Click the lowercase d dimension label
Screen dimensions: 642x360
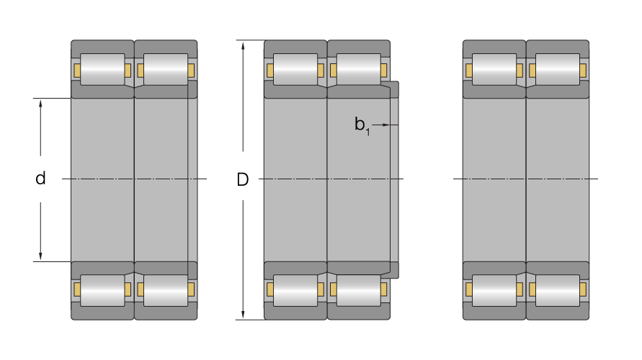pos(40,179)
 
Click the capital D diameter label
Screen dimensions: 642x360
pos(242,179)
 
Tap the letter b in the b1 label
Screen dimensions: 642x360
pos(360,124)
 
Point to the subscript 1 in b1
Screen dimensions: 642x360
pos(367,132)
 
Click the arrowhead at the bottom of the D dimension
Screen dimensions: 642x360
pos(243,315)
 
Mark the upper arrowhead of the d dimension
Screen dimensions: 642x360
pos(40,104)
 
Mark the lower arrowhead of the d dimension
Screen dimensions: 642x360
pos(40,256)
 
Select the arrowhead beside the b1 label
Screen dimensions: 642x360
pos(385,125)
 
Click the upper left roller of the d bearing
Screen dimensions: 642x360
pos(102,69)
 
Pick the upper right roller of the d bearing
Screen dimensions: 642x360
pos(166,69)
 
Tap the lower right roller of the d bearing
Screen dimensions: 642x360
pos(166,290)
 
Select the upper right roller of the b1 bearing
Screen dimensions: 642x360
pos(359,69)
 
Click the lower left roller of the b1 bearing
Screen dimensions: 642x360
pos(295,290)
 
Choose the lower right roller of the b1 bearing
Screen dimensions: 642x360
pos(359,290)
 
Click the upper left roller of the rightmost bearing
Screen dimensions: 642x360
pos(494,69)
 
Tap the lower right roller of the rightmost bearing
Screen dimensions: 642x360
pos(558,290)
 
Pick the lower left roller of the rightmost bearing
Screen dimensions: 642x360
pos(494,290)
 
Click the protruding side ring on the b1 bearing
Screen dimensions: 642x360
pos(394,180)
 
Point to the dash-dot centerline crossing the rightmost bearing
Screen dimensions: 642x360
pos(525,179)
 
